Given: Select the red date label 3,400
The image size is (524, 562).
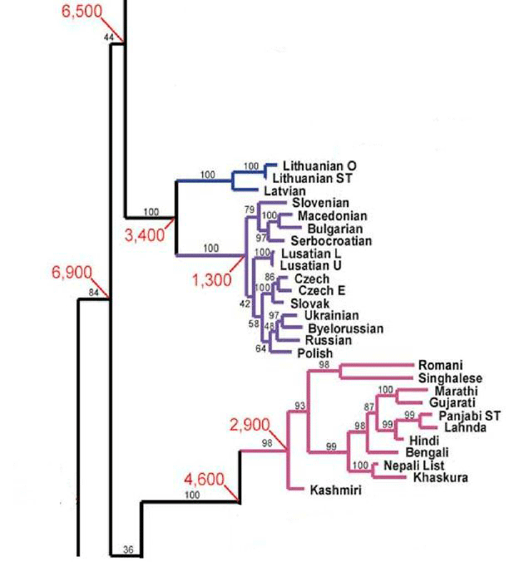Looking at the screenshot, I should coord(145,235).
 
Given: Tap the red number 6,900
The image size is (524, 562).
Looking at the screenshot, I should coord(72,272).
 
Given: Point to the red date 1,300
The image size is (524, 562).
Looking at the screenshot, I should coord(211,281).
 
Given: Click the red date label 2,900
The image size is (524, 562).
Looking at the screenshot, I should coord(250,426).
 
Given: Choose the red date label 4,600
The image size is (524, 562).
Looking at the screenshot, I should coord(205,479).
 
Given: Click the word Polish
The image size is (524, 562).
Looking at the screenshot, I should coord(314,353).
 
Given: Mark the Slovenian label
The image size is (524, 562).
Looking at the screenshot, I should coord(320,203).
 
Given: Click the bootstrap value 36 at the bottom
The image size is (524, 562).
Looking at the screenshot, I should coord(127,549).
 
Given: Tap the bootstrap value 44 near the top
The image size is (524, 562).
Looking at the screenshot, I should coord(108,37).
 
